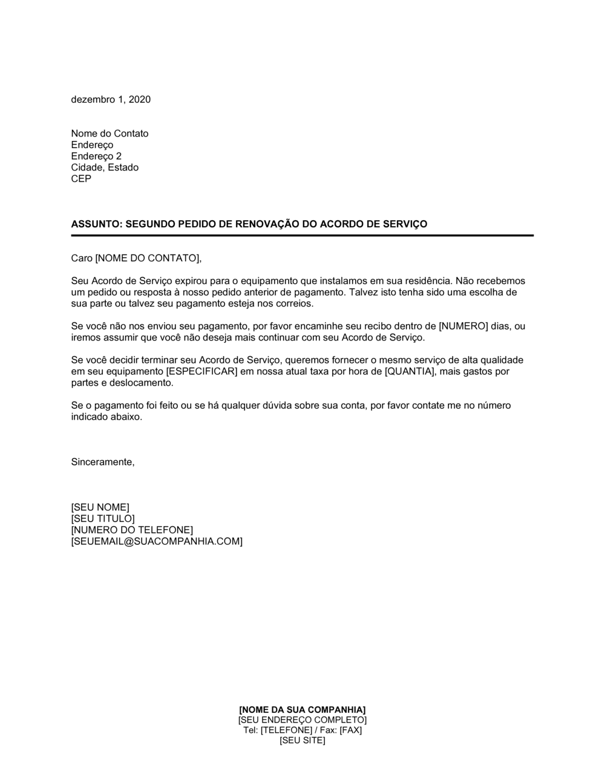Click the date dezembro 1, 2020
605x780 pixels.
pyautogui.click(x=111, y=100)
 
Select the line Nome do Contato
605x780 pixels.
pyautogui.click(x=110, y=134)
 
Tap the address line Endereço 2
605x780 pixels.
pyautogui.click(x=96, y=156)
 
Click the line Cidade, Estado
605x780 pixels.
pyautogui.click(x=105, y=167)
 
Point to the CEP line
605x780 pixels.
pyautogui.click(x=81, y=179)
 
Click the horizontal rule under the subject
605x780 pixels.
pyautogui.click(x=302, y=235)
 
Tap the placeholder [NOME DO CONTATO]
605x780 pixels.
pyautogui.click(x=147, y=258)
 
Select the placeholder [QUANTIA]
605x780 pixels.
pyautogui.click(x=410, y=371)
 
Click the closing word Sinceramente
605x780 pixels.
pyautogui.click(x=102, y=462)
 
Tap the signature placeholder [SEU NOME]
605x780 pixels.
pyautogui.click(x=100, y=507)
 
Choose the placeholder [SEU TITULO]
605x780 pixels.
pyautogui.click(x=103, y=519)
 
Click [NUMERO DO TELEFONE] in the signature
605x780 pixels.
pyautogui.click(x=132, y=530)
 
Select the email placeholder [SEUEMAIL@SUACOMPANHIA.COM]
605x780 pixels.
pyautogui.click(x=157, y=542)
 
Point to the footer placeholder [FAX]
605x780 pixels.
pyautogui.click(x=350, y=730)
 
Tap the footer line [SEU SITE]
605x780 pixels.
pyautogui.click(x=302, y=741)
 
